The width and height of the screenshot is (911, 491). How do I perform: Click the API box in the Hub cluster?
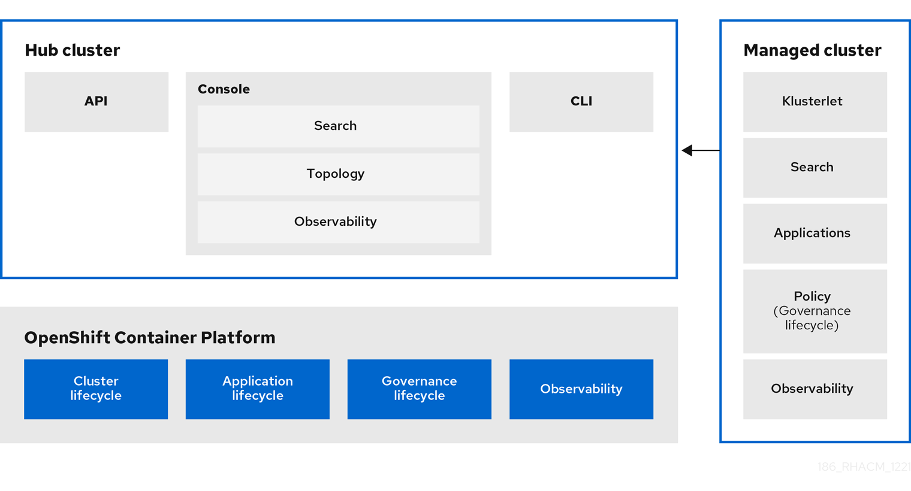96,102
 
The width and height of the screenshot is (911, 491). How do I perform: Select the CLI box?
581,102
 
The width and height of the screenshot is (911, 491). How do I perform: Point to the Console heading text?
224,89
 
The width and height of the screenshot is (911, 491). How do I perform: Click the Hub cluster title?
72,50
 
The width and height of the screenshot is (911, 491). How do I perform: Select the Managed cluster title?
812,50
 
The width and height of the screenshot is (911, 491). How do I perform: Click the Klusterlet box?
815,102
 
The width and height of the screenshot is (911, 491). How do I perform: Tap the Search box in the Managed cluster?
815,168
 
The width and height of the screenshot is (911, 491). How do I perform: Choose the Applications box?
815,234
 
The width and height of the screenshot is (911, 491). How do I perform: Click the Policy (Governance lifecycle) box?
815,311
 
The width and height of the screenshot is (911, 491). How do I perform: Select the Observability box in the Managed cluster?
815,389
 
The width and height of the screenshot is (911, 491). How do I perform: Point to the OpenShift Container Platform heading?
150,338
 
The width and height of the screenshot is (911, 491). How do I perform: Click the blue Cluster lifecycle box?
96,389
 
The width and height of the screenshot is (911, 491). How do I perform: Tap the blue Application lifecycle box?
258,389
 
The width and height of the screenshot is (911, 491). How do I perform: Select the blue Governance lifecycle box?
419,389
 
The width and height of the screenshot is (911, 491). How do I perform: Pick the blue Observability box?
581,389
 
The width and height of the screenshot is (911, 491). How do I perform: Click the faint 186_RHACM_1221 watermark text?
863,467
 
